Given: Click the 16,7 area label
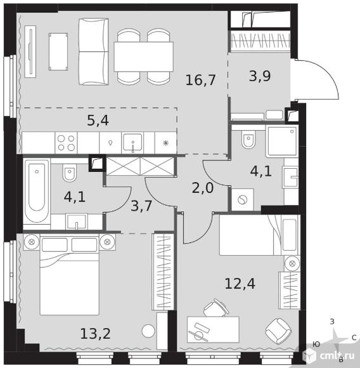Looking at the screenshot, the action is pyautogui.click(x=200, y=80).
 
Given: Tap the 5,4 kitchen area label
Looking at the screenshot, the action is pyautogui.click(x=98, y=121).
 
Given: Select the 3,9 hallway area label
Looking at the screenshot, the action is pyautogui.click(x=260, y=76).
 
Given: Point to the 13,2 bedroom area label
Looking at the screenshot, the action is pyautogui.click(x=95, y=334).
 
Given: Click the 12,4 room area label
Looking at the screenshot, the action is pyautogui.click(x=240, y=284).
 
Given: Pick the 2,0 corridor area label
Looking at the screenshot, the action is pyautogui.click(x=203, y=188).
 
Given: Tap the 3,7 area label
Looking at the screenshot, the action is pyautogui.click(x=141, y=206).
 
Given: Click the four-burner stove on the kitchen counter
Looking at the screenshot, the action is pyautogui.click(x=66, y=143).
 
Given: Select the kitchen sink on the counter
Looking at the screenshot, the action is pyautogui.click(x=132, y=142).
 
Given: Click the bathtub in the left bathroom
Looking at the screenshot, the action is pyautogui.click(x=37, y=190).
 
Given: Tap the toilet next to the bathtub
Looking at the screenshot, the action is pyautogui.click(x=69, y=173).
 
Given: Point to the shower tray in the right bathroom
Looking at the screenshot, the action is pyautogui.click(x=281, y=141).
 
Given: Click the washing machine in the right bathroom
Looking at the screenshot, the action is pyautogui.click(x=242, y=199).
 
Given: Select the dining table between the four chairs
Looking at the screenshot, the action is pyautogui.click(x=144, y=56).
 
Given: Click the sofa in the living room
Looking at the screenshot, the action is pyautogui.click(x=94, y=51).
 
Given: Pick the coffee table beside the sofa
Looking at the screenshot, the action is pyautogui.click(x=58, y=51).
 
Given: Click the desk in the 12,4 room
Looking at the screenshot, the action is pyautogui.click(x=213, y=329).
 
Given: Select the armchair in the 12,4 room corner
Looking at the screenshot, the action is pyautogui.click(x=278, y=331).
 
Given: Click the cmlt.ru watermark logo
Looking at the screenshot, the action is pyautogui.click(x=328, y=355).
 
